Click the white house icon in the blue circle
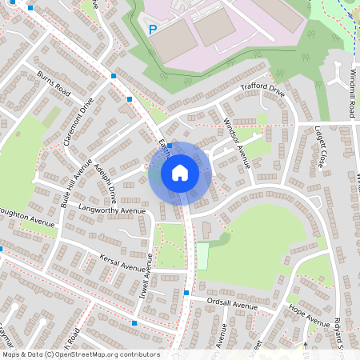click(180, 172)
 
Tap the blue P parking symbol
click(152, 30)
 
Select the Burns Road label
click(54, 83)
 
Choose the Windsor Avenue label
click(238, 143)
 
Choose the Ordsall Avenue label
click(232, 304)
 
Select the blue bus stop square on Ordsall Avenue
click(186, 293)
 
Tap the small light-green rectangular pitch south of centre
click(202, 256)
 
